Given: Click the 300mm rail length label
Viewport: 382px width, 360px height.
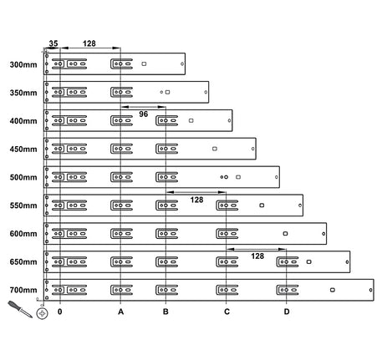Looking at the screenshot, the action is point(23,64).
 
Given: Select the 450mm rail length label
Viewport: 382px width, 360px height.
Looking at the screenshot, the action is point(23,150).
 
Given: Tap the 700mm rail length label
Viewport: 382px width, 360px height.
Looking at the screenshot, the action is point(23,290).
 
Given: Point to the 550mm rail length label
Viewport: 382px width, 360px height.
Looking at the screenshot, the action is point(23,205).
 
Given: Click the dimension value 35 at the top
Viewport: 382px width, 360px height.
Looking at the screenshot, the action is point(53,43).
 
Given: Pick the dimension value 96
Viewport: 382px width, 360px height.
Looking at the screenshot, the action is point(144,114).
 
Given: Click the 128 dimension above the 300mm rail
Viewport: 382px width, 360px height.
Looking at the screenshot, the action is point(89,43).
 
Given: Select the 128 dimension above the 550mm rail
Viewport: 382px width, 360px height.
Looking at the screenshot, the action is point(196,200).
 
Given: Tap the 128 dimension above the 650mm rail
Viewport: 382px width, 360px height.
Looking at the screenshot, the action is point(257,256).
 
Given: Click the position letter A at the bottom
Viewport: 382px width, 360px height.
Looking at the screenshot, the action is point(120,312).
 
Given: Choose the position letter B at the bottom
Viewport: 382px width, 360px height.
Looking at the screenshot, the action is point(166,312).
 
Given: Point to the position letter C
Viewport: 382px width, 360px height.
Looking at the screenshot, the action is point(227,312).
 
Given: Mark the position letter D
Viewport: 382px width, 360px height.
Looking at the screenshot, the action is point(287,312).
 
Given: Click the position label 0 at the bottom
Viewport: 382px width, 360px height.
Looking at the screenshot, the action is point(60,312).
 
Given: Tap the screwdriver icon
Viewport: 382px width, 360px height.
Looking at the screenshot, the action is point(20,309).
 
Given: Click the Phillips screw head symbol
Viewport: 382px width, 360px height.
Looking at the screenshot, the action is point(42,314).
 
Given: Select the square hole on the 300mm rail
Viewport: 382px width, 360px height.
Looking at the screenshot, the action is point(144,64).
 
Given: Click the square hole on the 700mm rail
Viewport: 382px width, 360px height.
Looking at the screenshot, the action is point(333,290).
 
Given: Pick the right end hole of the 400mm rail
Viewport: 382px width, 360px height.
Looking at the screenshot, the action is point(229,120).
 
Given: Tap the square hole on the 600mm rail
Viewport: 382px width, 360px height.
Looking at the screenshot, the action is point(285,234).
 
